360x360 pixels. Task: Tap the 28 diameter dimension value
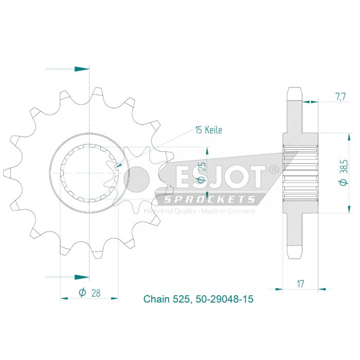click(x=96, y=293)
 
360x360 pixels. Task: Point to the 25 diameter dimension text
click(x=204, y=171)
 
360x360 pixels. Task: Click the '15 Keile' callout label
click(x=208, y=130)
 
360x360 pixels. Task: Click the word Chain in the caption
click(x=154, y=299)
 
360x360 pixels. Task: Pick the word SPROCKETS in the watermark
click(x=209, y=200)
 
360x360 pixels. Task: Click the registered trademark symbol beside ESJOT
click(x=274, y=169)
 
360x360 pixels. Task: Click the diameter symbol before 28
click(x=82, y=293)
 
